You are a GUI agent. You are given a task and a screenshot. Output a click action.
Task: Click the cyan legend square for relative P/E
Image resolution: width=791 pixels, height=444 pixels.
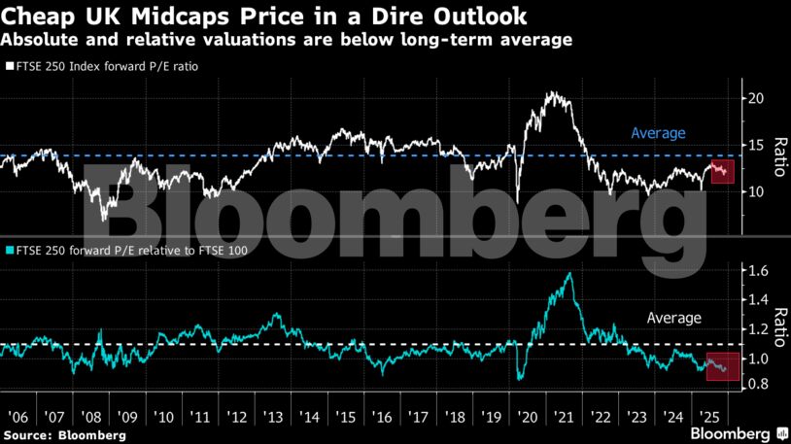[x=8, y=249]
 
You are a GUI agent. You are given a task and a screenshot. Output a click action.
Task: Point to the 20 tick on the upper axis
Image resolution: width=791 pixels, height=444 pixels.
[x=754, y=98]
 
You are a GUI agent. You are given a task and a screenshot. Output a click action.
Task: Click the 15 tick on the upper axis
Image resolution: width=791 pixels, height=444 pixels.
[x=754, y=145]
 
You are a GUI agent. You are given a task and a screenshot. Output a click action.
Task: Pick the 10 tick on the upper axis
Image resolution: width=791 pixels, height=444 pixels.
[x=754, y=191]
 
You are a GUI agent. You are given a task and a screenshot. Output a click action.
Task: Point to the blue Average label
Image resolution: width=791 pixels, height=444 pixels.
[x=658, y=133]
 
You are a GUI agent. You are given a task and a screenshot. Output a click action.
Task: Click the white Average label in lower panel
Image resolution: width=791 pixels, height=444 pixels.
[x=674, y=318]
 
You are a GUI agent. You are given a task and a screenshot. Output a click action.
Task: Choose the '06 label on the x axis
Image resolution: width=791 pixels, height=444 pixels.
[x=16, y=417]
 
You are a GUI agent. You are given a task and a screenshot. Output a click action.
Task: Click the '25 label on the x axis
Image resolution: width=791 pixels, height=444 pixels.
[x=710, y=417]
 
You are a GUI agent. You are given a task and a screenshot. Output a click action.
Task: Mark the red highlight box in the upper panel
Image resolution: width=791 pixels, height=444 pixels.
[x=721, y=173]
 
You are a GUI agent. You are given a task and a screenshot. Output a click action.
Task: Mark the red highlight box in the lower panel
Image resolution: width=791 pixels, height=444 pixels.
[x=721, y=365]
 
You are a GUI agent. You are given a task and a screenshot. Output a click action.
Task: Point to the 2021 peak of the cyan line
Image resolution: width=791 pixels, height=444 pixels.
[x=568, y=274]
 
